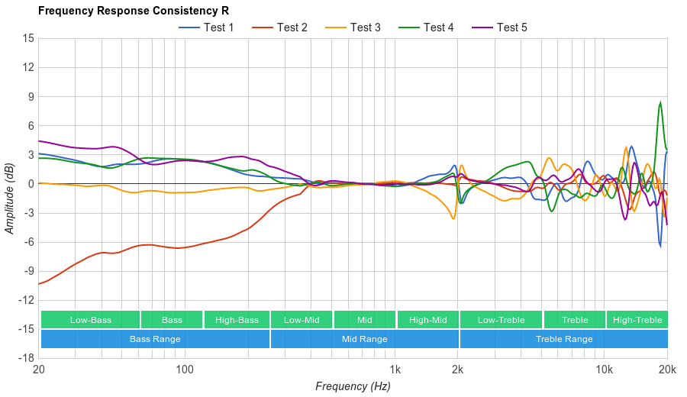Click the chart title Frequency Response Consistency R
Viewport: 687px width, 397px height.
point(133,11)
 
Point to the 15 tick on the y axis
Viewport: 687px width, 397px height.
point(28,38)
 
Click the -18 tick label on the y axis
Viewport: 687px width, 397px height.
point(26,358)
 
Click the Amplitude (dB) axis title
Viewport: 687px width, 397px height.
point(10,198)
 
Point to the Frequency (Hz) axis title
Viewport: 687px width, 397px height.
point(353,386)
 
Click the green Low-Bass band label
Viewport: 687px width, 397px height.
point(90,320)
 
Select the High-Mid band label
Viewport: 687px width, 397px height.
point(427,320)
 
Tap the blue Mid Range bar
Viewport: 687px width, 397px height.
point(364,339)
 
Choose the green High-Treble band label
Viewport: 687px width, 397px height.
point(637,320)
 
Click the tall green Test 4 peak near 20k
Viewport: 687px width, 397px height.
point(660,103)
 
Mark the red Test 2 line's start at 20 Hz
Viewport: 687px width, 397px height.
point(39,284)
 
